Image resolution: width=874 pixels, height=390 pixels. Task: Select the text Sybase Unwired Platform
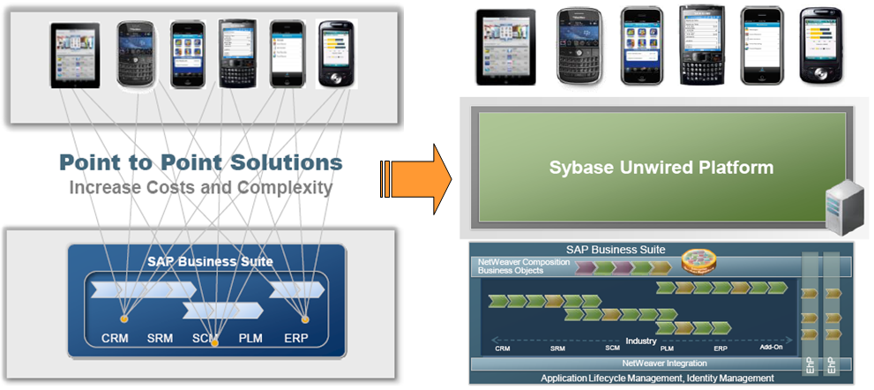tap(661, 167)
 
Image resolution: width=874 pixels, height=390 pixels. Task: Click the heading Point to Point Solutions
tap(200, 162)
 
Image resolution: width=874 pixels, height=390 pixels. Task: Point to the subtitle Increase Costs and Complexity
tap(200, 187)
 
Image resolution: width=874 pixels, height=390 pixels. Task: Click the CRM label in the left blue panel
tap(116, 339)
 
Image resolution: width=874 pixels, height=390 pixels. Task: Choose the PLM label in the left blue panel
tap(250, 339)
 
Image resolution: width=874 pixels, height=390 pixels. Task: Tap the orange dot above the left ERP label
tap(305, 319)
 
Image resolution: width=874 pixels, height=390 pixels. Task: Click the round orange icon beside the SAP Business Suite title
tap(698, 262)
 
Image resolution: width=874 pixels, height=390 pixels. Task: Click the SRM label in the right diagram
tap(557, 349)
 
